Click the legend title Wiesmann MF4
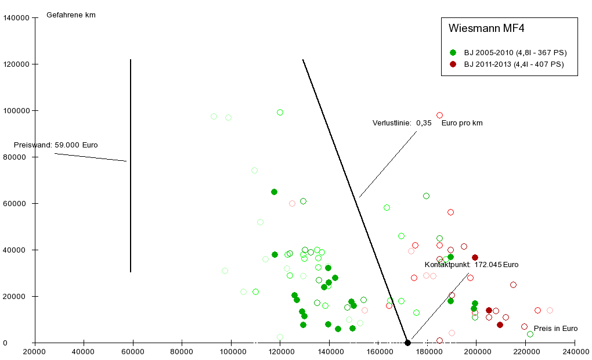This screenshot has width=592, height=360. click(x=486, y=28)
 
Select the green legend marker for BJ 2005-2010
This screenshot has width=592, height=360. click(x=453, y=52)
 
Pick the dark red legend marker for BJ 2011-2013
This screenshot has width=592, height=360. click(x=453, y=64)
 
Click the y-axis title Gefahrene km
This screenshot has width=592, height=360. click(x=71, y=15)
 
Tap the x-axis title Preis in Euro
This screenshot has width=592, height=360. click(x=555, y=329)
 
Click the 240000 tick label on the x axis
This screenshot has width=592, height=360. click(x=575, y=352)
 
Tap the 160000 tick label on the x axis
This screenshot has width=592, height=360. click(x=378, y=352)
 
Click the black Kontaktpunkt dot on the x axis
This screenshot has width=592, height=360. click(x=407, y=343)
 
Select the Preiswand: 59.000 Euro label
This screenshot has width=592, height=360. click(x=56, y=145)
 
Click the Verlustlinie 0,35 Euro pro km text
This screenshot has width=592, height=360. click(x=427, y=123)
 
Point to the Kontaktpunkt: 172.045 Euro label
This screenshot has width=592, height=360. click(x=471, y=265)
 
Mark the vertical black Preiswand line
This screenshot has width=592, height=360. click(x=131, y=165)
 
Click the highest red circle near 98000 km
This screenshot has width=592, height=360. click(x=439, y=116)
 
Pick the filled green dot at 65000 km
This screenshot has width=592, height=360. click(x=274, y=192)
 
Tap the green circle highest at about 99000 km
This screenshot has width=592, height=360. click(x=280, y=112)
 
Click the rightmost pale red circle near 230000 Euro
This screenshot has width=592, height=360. click(x=550, y=310)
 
